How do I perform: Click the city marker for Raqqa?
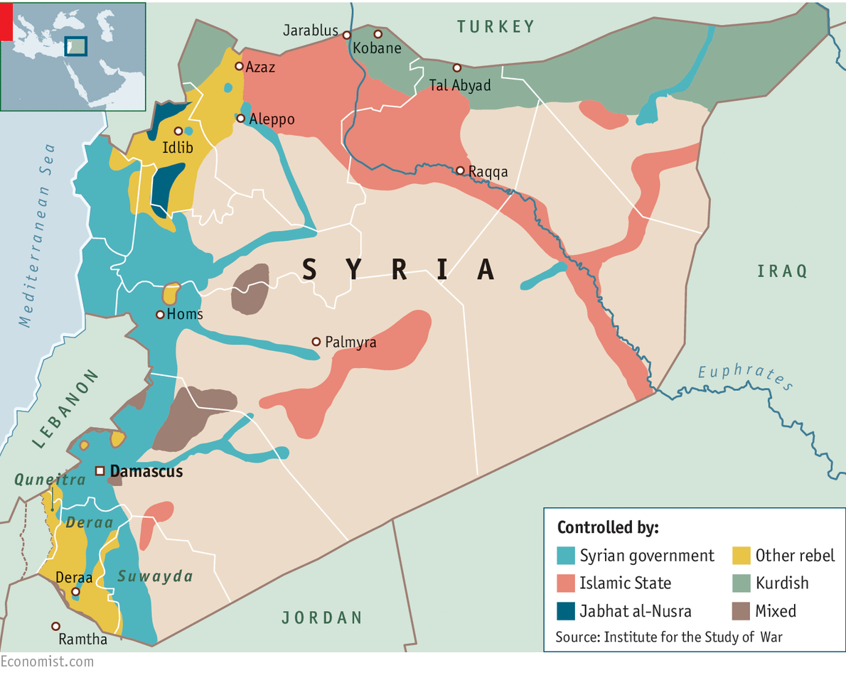pyautogui.click(x=460, y=171)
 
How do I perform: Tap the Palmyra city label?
pyautogui.click(x=350, y=342)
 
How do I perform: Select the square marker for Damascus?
pyautogui.click(x=100, y=470)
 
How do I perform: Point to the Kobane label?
pyautogui.click(x=378, y=48)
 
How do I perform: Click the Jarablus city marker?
pyautogui.click(x=347, y=35)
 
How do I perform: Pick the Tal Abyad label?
pyautogui.click(x=460, y=85)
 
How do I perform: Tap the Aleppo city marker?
pyautogui.click(x=241, y=119)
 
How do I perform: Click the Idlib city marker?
pyautogui.click(x=178, y=131)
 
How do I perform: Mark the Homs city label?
pyautogui.click(x=185, y=314)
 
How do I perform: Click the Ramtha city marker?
pyautogui.click(x=55, y=626)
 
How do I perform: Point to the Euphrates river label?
pyautogui.click(x=744, y=377)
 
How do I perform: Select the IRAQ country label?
pyautogui.click(x=782, y=271)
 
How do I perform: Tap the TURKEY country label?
pyautogui.click(x=496, y=27)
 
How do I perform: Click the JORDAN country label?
pyautogui.click(x=322, y=617)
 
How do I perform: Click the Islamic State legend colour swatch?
pyautogui.click(x=566, y=583)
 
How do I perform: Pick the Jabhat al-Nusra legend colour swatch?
pyautogui.click(x=566, y=611)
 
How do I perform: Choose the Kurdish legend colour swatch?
pyautogui.click(x=741, y=583)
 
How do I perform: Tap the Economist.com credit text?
pyautogui.click(x=47, y=661)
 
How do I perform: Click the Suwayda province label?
pyautogui.click(x=156, y=576)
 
